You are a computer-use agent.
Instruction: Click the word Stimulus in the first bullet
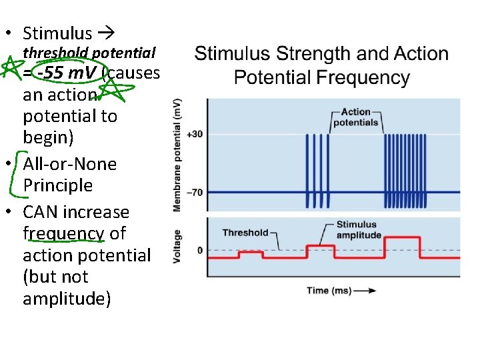click(x=57, y=33)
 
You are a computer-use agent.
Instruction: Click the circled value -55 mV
click(x=69, y=72)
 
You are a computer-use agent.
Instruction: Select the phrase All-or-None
click(x=69, y=164)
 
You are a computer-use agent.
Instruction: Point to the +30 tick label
click(x=195, y=134)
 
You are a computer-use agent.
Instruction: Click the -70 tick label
click(x=195, y=192)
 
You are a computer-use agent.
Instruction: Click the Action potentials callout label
click(x=355, y=117)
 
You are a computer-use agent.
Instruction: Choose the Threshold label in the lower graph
click(x=245, y=233)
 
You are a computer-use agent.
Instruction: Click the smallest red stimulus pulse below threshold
click(x=251, y=253)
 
